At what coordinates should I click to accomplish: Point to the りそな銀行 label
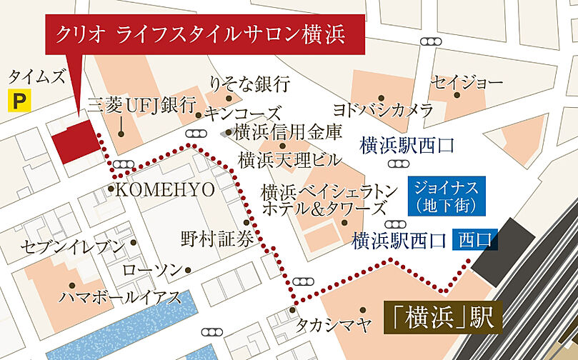pyautogui.click(x=249, y=84)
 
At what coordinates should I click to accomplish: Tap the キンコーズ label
pyautogui.click(x=242, y=114)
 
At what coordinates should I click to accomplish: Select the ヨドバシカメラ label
pyautogui.click(x=384, y=110)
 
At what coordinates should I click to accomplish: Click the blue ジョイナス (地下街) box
pyautogui.click(x=447, y=196)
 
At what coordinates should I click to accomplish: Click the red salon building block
pyautogui.click(x=74, y=141)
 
